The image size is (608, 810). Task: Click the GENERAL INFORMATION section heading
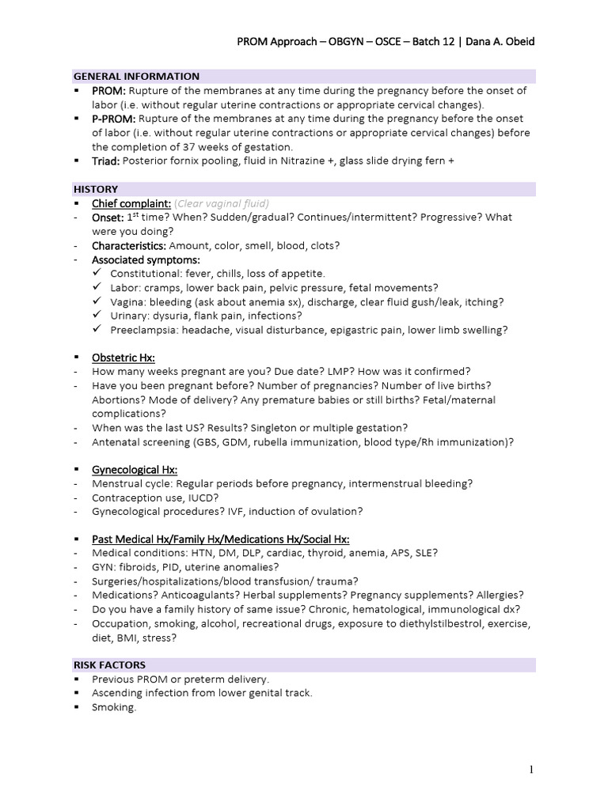pyautogui.click(x=136, y=76)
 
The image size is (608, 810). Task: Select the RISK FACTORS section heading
pyautogui.click(x=109, y=664)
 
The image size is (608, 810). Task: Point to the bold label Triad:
pyautogui.click(x=106, y=161)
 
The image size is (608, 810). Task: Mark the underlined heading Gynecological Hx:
pyautogui.click(x=135, y=469)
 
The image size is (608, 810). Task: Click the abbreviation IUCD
pyautogui.click(x=203, y=498)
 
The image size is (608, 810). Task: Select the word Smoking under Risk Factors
pyautogui.click(x=114, y=707)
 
